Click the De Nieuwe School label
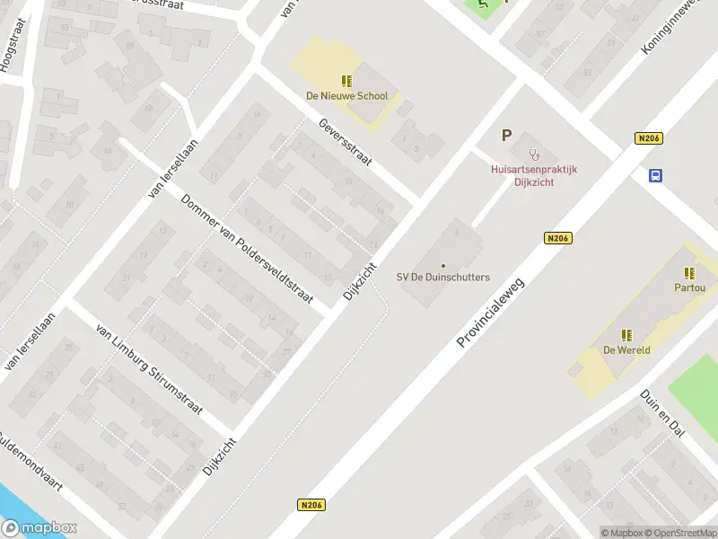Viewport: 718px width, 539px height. point(346,96)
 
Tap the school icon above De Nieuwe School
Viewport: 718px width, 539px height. point(346,82)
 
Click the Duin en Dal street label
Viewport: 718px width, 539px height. point(662,413)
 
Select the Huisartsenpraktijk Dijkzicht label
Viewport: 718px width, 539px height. point(534,174)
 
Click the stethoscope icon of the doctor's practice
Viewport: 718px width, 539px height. point(534,154)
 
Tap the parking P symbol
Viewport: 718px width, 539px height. point(506,136)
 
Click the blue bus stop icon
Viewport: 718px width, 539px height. point(656,175)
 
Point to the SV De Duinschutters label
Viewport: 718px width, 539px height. point(443,277)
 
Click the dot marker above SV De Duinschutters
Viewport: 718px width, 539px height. point(443,265)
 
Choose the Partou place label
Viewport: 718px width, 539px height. point(689,287)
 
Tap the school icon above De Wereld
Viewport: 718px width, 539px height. point(626,335)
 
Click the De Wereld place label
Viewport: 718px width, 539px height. point(626,350)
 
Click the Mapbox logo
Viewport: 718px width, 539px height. point(39,528)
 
